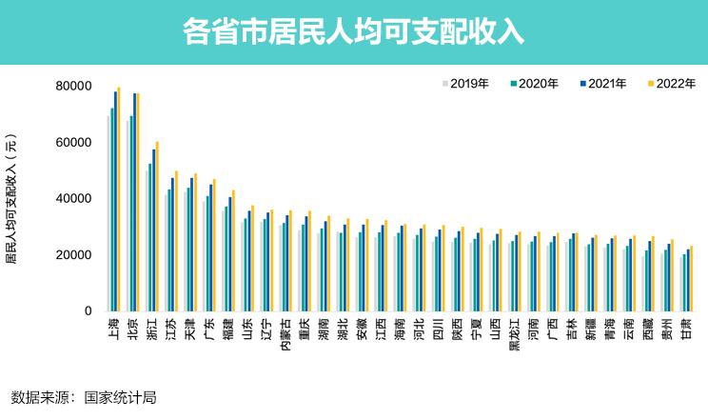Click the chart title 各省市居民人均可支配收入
353,31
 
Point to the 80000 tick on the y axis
72,87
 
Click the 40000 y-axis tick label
72,199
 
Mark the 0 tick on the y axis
88,311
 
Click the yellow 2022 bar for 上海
119,199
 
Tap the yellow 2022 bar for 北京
138,203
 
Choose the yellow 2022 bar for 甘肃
692,278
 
